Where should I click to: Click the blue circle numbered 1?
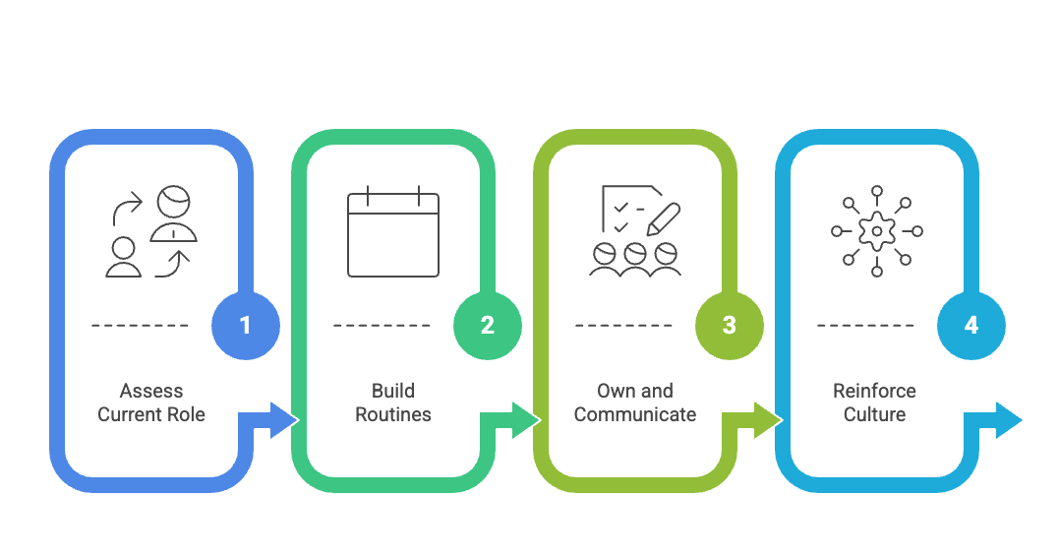point(246,325)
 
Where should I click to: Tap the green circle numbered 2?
point(488,325)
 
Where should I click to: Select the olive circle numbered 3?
point(729,325)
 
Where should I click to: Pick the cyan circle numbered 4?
point(971,325)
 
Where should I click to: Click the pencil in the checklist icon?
point(662,217)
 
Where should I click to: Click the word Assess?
point(151,391)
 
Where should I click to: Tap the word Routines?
point(393,414)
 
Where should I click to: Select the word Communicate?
point(635,414)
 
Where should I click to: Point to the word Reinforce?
point(874,391)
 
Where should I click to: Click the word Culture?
point(874,414)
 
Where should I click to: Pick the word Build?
point(393,391)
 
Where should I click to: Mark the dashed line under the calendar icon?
point(382,325)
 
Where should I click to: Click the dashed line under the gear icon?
point(865,325)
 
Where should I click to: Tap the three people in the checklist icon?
point(635,259)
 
